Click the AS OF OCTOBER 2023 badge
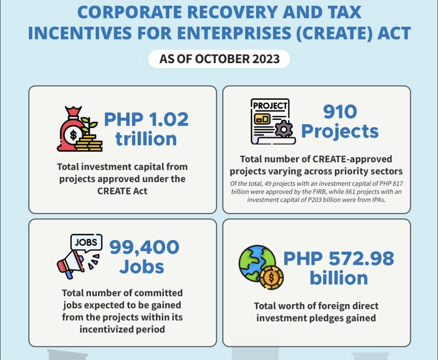[219, 59]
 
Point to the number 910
[340, 112]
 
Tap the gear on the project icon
[283, 129]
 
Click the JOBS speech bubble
[86, 242]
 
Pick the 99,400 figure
[144, 247]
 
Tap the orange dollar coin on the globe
[272, 278]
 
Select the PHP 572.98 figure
[338, 259]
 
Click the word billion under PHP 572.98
[338, 278]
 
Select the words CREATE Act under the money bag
[122, 191]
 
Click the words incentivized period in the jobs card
[122, 329]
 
